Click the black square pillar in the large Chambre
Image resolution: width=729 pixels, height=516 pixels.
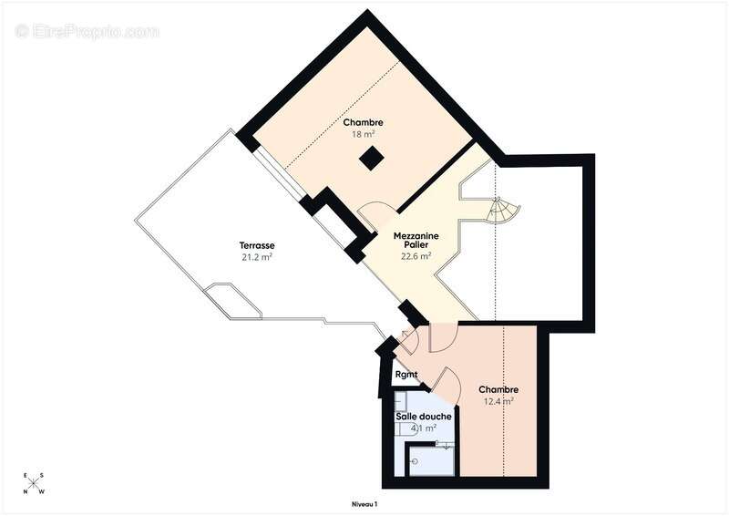[x=371, y=159]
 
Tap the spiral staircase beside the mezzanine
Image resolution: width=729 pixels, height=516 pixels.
[x=502, y=212]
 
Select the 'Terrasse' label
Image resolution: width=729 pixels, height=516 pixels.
[x=257, y=245]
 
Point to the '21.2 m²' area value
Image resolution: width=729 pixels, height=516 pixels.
[x=257, y=257]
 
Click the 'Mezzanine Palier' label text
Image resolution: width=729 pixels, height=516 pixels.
[x=416, y=241]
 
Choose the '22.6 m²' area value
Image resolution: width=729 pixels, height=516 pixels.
[x=416, y=256]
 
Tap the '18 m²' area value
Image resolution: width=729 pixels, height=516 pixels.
[x=363, y=133]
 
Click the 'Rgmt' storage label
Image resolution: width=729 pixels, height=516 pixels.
[x=406, y=375]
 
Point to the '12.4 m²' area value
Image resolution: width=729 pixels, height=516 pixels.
[x=498, y=400]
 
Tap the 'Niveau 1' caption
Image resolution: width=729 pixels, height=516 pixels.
[x=364, y=504]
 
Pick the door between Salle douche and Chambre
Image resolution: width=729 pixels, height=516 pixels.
[x=447, y=381]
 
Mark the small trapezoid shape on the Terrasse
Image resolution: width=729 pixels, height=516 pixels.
[x=233, y=300]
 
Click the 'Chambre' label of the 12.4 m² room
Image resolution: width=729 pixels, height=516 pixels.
[x=498, y=388]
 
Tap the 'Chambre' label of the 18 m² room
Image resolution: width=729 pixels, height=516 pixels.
[x=363, y=122]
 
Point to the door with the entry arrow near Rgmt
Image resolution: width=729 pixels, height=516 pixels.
[x=407, y=340]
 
